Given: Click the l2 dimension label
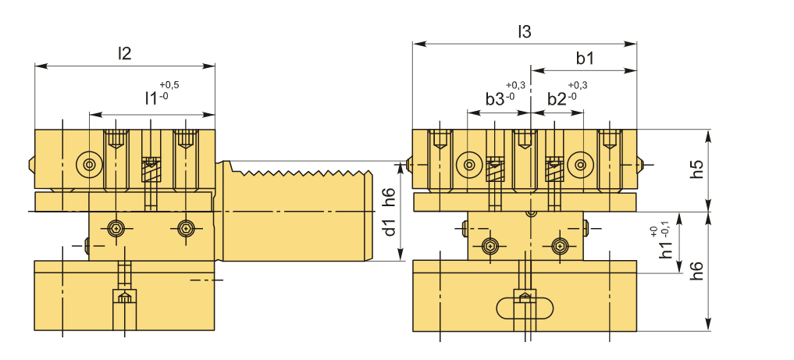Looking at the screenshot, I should click(124, 54).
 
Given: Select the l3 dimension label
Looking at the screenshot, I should click(524, 32).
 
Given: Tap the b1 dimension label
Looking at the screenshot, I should click(585, 58).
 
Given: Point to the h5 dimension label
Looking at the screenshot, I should click(697, 169).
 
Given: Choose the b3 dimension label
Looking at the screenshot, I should click(495, 99).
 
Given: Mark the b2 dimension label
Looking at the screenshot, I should click(557, 99).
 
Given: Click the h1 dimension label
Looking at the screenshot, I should click(665, 250).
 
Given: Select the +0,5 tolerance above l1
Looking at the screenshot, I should click(169, 85).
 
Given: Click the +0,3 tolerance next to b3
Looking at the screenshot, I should click(515, 85).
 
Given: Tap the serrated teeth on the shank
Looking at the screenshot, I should click(301, 171).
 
